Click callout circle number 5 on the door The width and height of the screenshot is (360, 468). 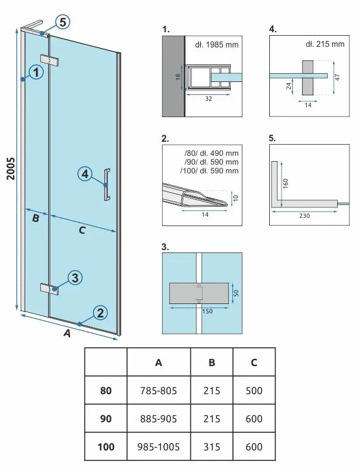[x=63, y=22]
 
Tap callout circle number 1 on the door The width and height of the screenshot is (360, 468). [x=37, y=73]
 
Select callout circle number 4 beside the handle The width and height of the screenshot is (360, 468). [x=85, y=174]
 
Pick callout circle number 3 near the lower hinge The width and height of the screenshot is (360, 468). [x=74, y=278]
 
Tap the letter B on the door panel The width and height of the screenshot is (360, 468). [x=35, y=219]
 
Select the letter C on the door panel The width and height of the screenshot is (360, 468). [x=82, y=230]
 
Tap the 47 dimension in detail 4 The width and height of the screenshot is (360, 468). [x=337, y=76]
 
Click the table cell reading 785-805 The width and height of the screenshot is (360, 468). [x=159, y=391]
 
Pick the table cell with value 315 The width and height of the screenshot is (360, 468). [x=211, y=447]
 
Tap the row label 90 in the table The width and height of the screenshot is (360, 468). [x=106, y=419]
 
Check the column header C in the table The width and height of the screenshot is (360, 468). [x=254, y=362]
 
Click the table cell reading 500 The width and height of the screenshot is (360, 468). [x=254, y=391]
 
